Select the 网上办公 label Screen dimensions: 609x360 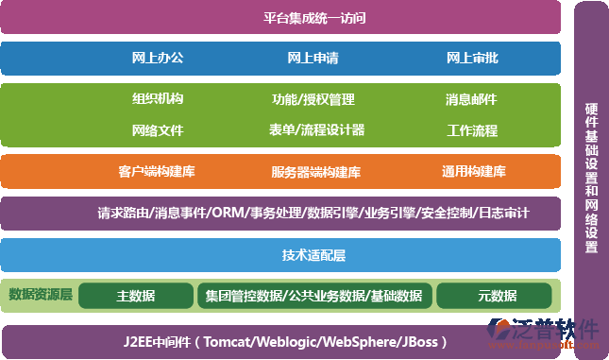(x=158, y=59)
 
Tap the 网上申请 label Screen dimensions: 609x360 (x=313, y=59)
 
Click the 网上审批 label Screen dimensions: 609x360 (x=472, y=59)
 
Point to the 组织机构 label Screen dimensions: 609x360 (x=158, y=99)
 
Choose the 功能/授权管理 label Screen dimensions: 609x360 (x=313, y=99)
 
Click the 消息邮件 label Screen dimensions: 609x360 (x=471, y=99)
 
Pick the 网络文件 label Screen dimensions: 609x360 (x=158, y=129)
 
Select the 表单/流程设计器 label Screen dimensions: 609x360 (x=316, y=129)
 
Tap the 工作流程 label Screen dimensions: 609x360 (x=471, y=129)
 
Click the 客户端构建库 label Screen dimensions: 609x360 (x=157, y=172)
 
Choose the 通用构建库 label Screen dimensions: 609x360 (x=473, y=172)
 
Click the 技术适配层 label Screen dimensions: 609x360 (x=313, y=255)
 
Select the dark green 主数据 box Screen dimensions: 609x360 (x=136, y=296)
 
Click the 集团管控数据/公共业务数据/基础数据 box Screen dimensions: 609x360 (x=313, y=296)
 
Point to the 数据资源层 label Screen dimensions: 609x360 (x=41, y=295)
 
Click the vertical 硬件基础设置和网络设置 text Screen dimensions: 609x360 (x=591, y=179)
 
